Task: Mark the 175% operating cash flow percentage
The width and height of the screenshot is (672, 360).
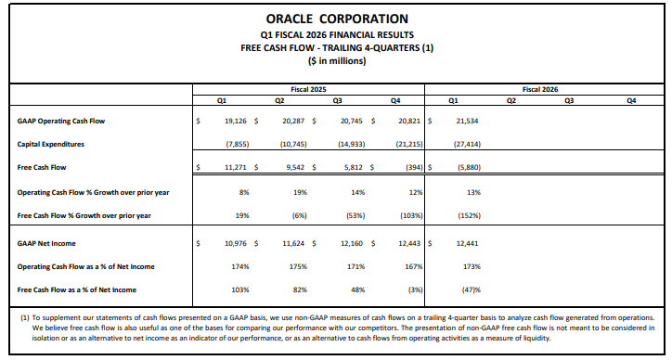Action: tap(298, 266)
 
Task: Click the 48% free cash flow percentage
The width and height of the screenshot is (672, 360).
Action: tap(358, 289)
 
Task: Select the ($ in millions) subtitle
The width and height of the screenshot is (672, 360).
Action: tap(335, 61)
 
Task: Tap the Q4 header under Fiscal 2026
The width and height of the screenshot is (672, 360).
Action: tap(631, 100)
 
